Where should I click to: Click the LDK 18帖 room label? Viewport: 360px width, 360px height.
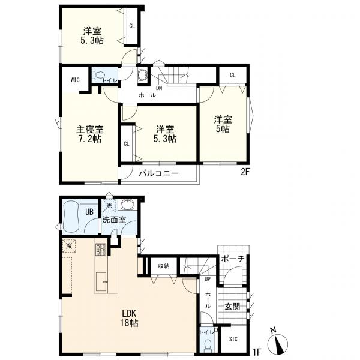pos(129,318)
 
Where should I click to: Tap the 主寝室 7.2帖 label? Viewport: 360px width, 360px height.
pos(90,134)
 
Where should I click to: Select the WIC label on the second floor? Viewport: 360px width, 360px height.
pos(75,80)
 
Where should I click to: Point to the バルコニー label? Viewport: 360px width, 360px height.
pos(158,173)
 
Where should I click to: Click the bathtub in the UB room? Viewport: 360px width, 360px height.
pos(71,217)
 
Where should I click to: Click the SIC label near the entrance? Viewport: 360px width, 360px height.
pos(233,339)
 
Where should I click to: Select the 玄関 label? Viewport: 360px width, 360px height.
pos(232,306)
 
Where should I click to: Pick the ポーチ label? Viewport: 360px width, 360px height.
pos(232,259)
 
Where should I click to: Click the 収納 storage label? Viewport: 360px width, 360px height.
pos(164,266)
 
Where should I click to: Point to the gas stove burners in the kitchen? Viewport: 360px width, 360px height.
pos(100,250)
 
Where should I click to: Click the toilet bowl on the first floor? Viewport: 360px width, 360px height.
pos(208,346)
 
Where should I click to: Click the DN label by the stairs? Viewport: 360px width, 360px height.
pos(159,88)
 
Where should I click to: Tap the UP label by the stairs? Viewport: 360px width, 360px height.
pos(208,279)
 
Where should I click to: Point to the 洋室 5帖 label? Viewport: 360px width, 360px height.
pos(223,124)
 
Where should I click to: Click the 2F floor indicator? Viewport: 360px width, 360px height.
pos(245,172)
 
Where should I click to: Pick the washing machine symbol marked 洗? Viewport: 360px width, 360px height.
pos(109,206)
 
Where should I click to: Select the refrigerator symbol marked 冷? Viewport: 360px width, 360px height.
pos(69,246)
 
